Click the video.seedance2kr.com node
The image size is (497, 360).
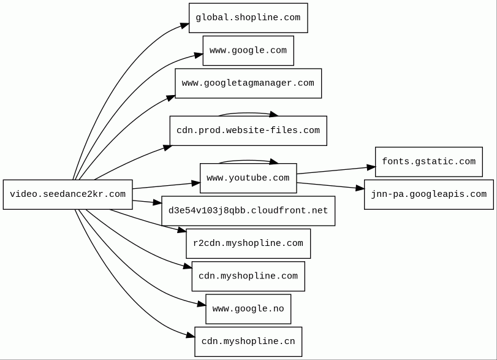coord(68,194)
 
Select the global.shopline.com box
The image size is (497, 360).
coord(248,18)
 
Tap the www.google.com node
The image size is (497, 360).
coord(248,51)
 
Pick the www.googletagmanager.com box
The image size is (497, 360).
coord(248,83)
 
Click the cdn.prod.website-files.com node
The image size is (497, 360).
coord(248,131)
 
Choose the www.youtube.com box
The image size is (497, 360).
coord(248,178)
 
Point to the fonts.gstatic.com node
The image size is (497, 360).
coord(429,162)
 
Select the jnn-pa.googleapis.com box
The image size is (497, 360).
coord(429,194)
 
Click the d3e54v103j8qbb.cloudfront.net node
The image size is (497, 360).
coord(248,211)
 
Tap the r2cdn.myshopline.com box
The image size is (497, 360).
coord(248,243)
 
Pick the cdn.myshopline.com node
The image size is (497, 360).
coord(248,276)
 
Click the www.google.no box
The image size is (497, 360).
coord(248,309)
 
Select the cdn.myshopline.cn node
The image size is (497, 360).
coord(248,342)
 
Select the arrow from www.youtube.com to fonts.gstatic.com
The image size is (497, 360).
coord(336,170)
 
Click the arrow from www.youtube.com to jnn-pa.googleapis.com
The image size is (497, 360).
coord(330,186)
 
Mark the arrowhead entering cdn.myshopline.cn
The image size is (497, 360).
coord(191,335)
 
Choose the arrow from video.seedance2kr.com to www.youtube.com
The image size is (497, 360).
coord(167,186)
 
